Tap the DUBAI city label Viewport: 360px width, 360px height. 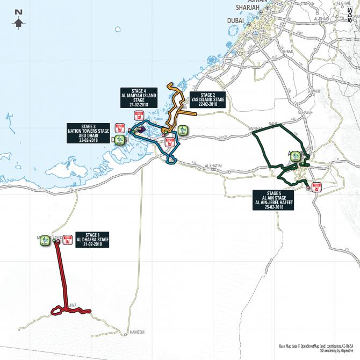point(235,20)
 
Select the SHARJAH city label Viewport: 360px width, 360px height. point(248,8)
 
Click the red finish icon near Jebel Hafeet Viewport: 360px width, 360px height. point(316,188)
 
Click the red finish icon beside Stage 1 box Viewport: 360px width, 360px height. point(67,239)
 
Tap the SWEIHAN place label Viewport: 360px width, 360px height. point(253,128)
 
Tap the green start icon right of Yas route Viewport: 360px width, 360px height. point(183,131)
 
